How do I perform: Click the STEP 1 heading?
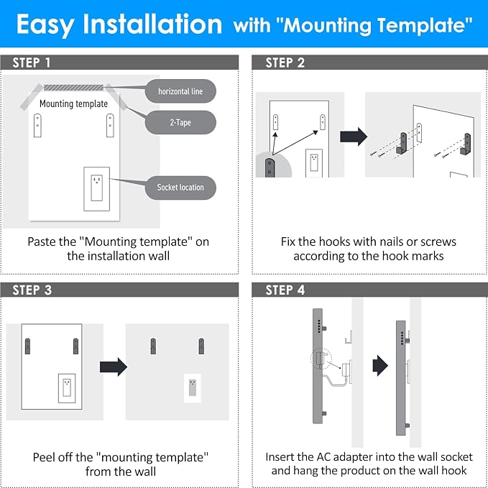(x=31, y=63)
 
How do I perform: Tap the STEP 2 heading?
(x=285, y=63)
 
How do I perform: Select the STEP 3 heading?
(x=32, y=290)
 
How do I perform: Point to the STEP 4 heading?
(x=285, y=290)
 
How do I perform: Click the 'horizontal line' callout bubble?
(x=180, y=91)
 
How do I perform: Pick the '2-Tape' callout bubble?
(x=180, y=122)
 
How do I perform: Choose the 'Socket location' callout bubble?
(x=180, y=188)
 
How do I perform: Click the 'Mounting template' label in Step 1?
(x=74, y=103)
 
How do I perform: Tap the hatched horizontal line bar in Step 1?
(x=73, y=88)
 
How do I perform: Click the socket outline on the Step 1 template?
(x=97, y=188)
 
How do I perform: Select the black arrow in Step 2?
(x=354, y=137)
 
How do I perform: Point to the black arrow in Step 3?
(x=114, y=367)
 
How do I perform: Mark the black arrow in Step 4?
(x=380, y=365)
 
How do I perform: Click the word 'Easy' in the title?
(x=45, y=24)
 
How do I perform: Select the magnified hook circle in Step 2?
(x=274, y=165)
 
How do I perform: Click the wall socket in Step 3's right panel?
(x=193, y=388)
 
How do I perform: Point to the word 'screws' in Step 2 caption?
(x=438, y=241)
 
